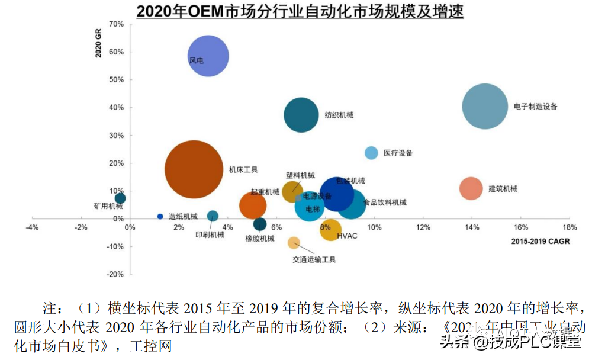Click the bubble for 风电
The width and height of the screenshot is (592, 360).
(208, 56)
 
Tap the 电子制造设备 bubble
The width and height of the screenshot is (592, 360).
(485, 107)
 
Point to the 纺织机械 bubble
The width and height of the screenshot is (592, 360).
(302, 115)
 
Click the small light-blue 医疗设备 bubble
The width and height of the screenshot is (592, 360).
(371, 153)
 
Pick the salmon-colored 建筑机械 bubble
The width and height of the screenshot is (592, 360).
(471, 189)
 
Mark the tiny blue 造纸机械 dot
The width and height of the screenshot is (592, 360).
(160, 216)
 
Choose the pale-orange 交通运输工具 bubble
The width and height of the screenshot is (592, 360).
(294, 242)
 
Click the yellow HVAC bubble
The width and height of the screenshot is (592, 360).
(330, 230)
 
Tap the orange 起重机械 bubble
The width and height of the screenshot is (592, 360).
(253, 205)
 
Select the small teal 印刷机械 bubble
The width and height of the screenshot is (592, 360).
(213, 216)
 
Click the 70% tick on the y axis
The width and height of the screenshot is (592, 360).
(117, 24)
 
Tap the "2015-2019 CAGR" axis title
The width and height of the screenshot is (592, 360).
(540, 242)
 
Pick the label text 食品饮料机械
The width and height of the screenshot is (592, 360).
(385, 202)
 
